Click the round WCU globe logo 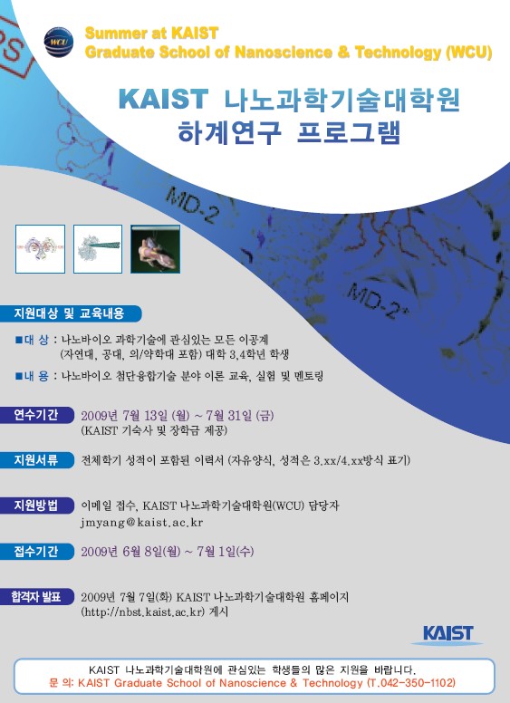(59, 43)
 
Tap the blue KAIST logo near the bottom (447, 634)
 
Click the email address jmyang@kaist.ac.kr (142, 523)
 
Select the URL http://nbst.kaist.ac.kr (143, 612)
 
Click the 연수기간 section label (36, 415)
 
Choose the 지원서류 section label (36, 460)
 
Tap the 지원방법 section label (36, 506)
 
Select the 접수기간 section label (36, 552)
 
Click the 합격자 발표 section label (36, 597)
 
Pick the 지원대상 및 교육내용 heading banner (70, 313)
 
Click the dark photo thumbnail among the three (156, 249)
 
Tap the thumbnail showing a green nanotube (98, 249)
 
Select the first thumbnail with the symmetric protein (41, 249)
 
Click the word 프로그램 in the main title (349, 132)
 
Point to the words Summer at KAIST (151, 34)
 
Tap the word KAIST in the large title (164, 99)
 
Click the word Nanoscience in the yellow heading (284, 53)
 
